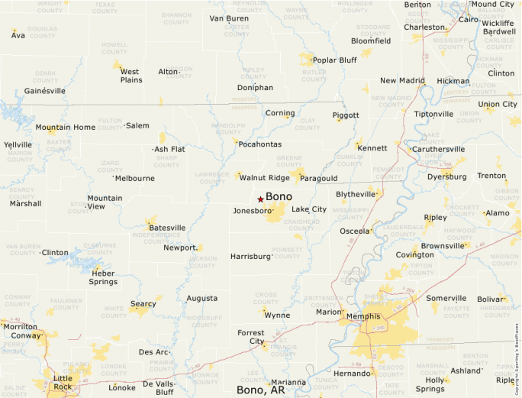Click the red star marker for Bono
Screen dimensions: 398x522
pyautogui.click(x=260, y=199)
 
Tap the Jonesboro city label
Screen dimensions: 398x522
pyautogui.click(x=252, y=210)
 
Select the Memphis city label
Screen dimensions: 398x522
pyautogui.click(x=363, y=315)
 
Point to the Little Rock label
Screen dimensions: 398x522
pyautogui.click(x=63, y=383)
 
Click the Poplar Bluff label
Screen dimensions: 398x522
pyautogui.click(x=334, y=60)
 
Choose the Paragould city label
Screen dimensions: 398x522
pyautogui.click(x=318, y=178)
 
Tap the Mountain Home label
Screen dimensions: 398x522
pyautogui.click(x=65, y=127)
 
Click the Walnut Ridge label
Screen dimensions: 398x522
pyautogui.click(x=264, y=178)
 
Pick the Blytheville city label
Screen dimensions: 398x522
pyautogui.click(x=356, y=194)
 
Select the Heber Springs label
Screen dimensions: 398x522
pyautogui.click(x=104, y=277)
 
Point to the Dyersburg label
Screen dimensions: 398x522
pyautogui.click(x=446, y=176)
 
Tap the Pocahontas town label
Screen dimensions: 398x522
pyautogui.click(x=259, y=144)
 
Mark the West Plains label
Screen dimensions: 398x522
pyautogui.click(x=131, y=76)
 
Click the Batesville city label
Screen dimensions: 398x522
pyautogui.click(x=167, y=228)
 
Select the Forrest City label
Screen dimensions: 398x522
pyautogui.click(x=250, y=337)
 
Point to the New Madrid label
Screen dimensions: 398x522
pyautogui.click(x=402, y=80)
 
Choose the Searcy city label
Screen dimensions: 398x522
pyautogui.click(x=143, y=304)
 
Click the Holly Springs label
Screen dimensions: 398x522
pyautogui.click(x=435, y=384)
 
